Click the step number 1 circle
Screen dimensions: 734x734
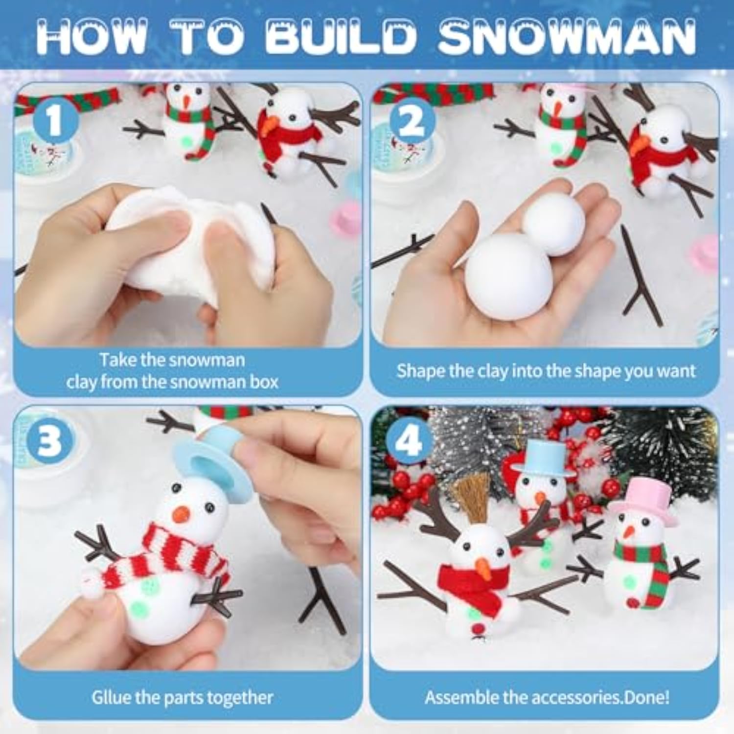coord(55,120)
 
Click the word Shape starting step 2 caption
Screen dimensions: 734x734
coord(420,371)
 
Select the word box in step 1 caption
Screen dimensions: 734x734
coord(264,382)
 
